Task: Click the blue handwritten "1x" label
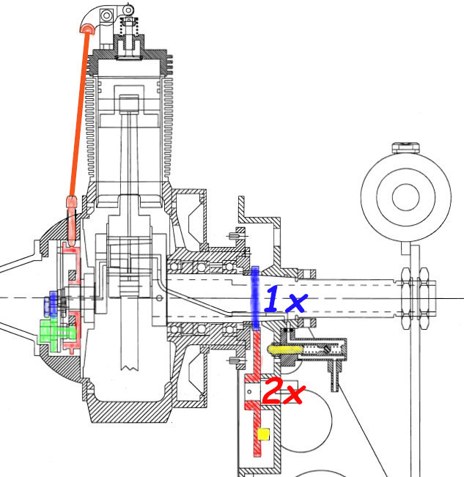coord(285,299)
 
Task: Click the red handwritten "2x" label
coord(283,391)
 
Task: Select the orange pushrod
coord(80,114)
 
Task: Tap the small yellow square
coord(263,434)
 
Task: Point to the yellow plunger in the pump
coord(285,350)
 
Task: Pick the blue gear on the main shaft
coord(255,298)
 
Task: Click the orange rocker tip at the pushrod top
coord(87,29)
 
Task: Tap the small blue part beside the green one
coord(51,303)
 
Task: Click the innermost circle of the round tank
coord(406,197)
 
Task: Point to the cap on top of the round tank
coord(406,147)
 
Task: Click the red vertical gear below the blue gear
coord(256,393)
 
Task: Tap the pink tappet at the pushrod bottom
coord(72,221)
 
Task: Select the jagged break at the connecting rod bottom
coord(129,368)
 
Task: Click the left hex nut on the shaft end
coord(406,298)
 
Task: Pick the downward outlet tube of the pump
coord(334,375)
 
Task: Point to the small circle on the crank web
coord(159,298)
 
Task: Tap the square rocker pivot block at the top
coord(106,15)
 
